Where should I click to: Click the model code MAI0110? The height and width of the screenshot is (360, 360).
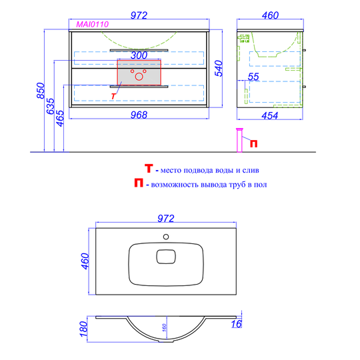coord(92,25)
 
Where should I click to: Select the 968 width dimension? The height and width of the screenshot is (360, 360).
coord(139,115)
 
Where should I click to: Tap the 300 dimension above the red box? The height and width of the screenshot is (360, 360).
coord(139,55)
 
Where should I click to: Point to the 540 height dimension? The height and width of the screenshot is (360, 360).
coord(219,68)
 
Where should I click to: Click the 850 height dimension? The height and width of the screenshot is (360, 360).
coord(41,91)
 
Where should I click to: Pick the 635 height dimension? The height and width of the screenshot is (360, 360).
coord(51,106)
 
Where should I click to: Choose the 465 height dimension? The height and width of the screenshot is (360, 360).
coord(60,118)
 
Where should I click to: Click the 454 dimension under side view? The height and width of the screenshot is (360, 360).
coord(270,116)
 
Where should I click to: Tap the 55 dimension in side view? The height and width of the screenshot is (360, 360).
coord(253,77)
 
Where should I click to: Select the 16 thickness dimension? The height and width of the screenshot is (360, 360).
coord(236,324)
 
